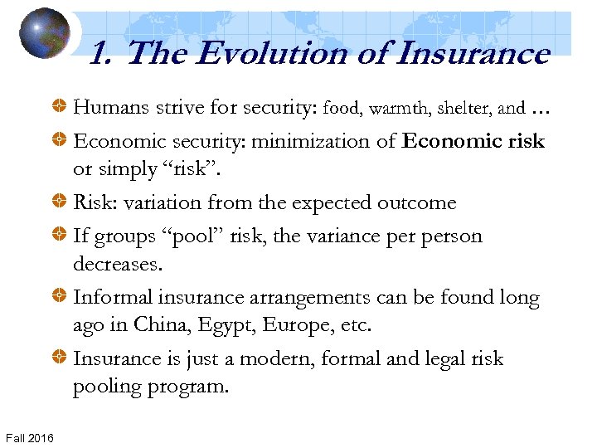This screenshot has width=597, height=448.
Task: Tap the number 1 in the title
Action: click(x=98, y=55)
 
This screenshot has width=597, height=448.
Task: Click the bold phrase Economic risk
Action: click(x=473, y=141)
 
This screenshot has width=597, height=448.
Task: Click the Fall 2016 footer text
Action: click(x=29, y=437)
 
